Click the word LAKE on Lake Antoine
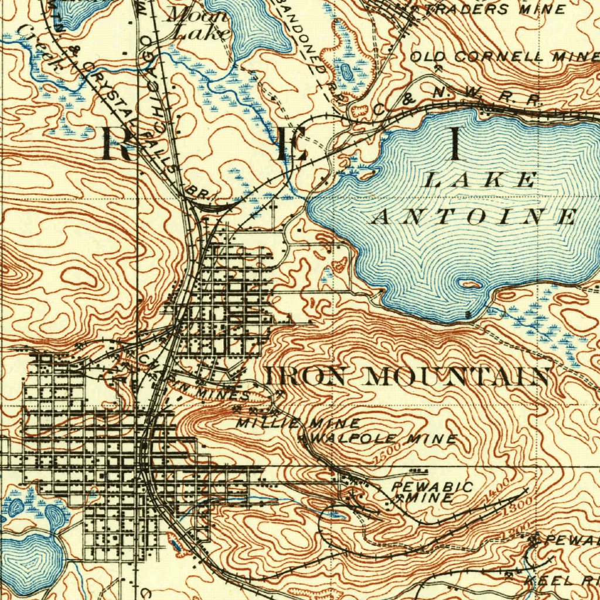480,180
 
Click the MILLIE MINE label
298,422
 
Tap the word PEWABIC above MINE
432,486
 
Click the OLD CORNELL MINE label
504,57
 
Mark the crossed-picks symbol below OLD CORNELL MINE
438,69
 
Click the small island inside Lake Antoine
471,285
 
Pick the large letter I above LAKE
455,144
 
